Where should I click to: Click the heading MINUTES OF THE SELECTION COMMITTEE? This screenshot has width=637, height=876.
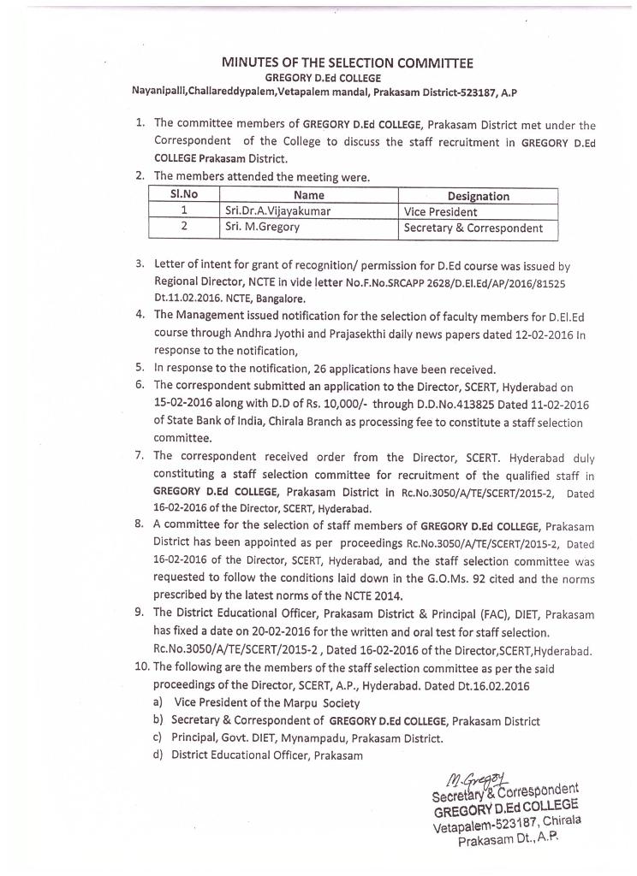point(348,62)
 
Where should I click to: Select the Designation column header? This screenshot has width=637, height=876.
point(478,196)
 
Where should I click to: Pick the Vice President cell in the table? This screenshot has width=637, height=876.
point(441,211)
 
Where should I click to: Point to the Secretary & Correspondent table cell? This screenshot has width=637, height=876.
point(473,228)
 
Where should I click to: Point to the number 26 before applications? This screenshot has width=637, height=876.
point(323,370)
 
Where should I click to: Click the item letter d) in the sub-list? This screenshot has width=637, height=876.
point(158,755)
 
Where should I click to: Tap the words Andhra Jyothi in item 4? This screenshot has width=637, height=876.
point(257,334)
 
